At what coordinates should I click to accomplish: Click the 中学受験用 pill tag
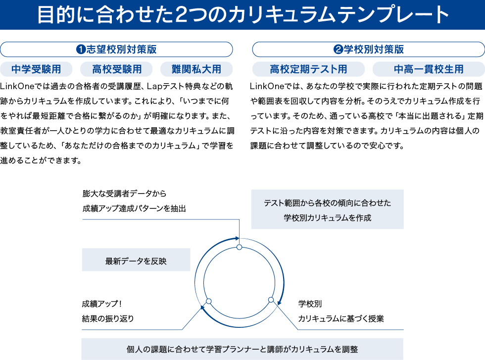coord(36,69)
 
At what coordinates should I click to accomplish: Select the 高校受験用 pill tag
coord(116,69)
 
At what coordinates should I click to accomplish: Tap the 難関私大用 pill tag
coord(196,69)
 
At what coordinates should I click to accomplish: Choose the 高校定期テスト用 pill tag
coord(308,69)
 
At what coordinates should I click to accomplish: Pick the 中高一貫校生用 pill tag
coord(429,69)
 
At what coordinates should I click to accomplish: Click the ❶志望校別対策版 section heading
coord(116,50)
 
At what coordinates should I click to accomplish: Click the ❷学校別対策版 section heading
coord(368,50)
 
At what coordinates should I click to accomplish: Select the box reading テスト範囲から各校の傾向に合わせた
coord(327,209)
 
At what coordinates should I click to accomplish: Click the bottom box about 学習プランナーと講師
coord(242,349)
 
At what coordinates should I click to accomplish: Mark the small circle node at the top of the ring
coord(239,247)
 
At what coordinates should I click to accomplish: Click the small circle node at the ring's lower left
coord(208,301)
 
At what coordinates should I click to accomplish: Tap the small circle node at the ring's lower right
coord(271,300)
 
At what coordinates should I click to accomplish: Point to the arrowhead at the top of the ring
coord(237,238)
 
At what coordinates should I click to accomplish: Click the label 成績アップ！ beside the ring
coord(102,304)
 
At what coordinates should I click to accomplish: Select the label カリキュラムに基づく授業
coord(341,318)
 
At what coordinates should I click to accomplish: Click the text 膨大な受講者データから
coord(124,194)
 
